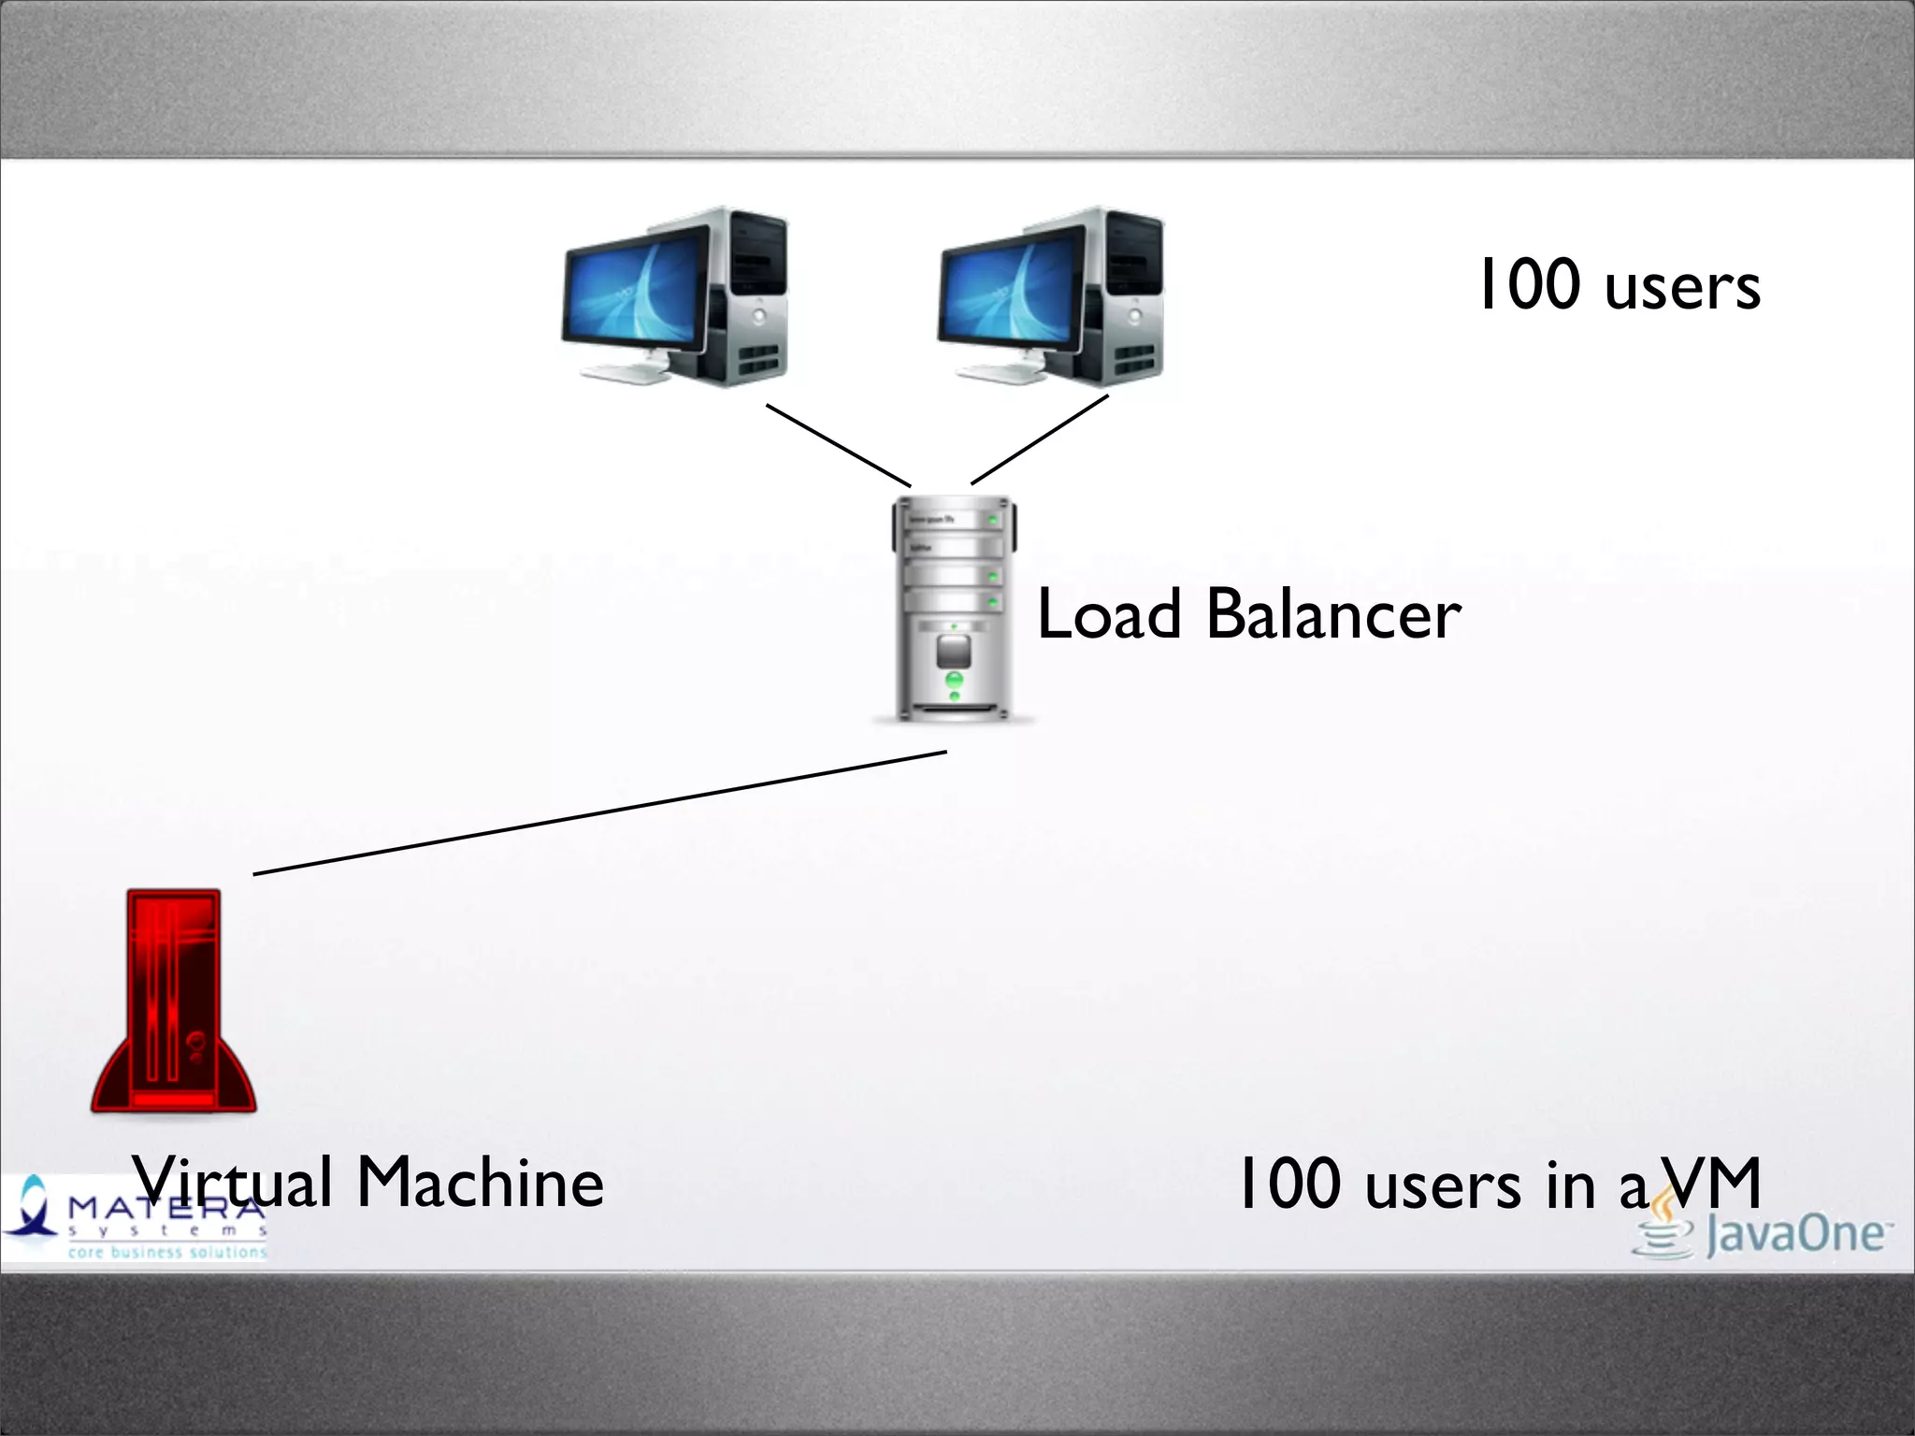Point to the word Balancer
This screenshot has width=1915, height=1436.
[1333, 615]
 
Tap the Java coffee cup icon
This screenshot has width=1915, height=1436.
[1663, 1229]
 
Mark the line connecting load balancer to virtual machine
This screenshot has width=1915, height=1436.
[598, 813]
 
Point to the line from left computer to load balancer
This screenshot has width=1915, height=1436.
[838, 446]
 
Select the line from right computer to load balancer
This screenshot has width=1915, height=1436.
[1040, 439]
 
